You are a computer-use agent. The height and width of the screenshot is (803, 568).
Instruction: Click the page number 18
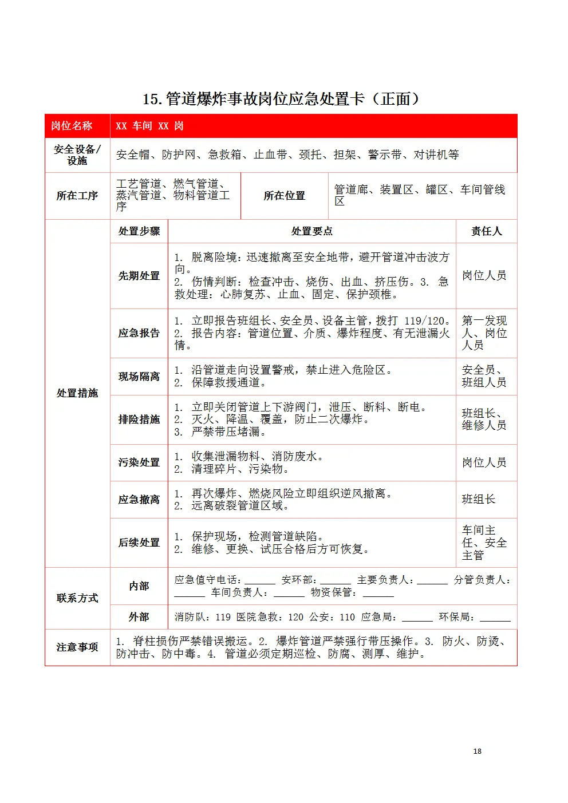(477, 751)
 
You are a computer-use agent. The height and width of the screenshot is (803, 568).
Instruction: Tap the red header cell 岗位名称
(72, 126)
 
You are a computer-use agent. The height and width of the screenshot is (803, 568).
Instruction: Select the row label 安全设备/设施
(77, 155)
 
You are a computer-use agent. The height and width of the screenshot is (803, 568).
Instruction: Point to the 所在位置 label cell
(284, 196)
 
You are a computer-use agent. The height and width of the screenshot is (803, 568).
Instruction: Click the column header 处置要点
(311, 231)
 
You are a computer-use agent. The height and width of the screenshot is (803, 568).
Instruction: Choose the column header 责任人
(486, 231)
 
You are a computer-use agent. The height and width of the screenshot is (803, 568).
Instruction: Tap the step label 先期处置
(139, 276)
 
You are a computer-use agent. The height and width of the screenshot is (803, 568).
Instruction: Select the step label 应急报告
(139, 333)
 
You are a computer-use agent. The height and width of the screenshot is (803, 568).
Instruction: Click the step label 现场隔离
(139, 377)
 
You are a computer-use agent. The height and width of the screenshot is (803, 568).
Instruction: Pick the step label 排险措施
(139, 420)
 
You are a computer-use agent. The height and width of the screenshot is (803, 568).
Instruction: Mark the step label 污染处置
(139, 462)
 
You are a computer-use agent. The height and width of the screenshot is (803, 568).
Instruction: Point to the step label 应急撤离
(139, 500)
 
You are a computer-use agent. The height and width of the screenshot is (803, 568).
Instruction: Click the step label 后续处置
(139, 543)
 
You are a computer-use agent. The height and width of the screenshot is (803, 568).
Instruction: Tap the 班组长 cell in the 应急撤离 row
(478, 500)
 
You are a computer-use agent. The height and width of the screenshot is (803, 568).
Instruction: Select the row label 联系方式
(77, 598)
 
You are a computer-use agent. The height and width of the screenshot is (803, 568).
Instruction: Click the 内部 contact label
(139, 586)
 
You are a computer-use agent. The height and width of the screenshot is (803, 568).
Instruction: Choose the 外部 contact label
(139, 617)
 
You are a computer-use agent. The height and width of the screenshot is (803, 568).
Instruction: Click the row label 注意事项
(77, 647)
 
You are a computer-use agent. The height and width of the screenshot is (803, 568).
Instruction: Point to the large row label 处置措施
(77, 393)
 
